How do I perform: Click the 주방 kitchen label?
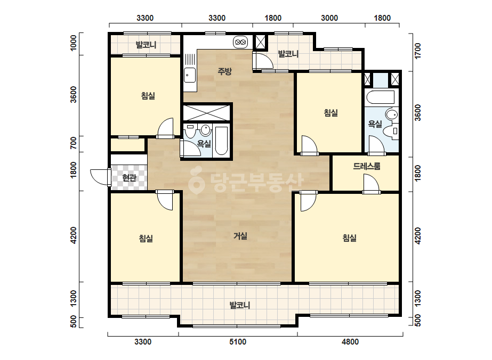[224, 71]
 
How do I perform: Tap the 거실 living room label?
[240, 236]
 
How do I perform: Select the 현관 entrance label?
[130, 178]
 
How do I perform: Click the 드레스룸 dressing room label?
[367, 166]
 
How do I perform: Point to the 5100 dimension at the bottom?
[238, 341]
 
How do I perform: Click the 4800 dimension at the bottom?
[350, 341]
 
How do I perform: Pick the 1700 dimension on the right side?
[417, 51]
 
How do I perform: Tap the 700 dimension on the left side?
[74, 143]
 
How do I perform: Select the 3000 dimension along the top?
[329, 18]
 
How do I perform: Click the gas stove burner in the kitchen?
[240, 42]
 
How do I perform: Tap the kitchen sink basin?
[190, 75]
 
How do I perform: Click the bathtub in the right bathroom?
[380, 97]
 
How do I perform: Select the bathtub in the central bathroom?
[222, 141]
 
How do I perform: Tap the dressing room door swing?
[372, 183]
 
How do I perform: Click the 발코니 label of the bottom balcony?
[240, 305]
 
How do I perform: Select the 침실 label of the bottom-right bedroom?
[350, 238]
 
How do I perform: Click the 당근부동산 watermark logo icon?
[196, 181]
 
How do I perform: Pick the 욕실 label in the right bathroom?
[375, 124]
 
